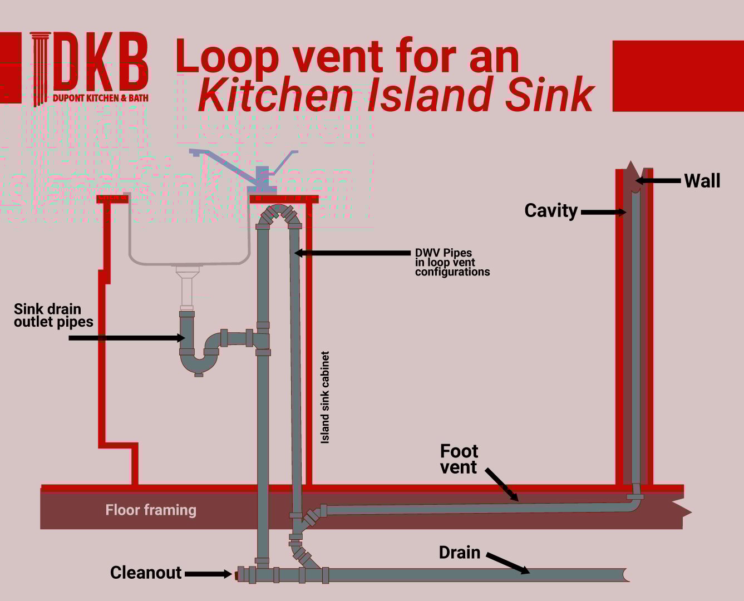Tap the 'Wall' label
(x=702, y=181)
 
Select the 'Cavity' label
(x=551, y=211)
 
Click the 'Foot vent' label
(x=459, y=459)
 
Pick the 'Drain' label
(x=459, y=553)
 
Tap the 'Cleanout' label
(x=146, y=573)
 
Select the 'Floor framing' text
(x=151, y=510)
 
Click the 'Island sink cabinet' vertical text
(x=325, y=397)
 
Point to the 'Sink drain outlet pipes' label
(x=53, y=316)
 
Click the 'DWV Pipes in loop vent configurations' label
(x=452, y=262)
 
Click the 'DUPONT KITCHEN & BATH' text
(x=101, y=98)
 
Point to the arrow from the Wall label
(x=658, y=181)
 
